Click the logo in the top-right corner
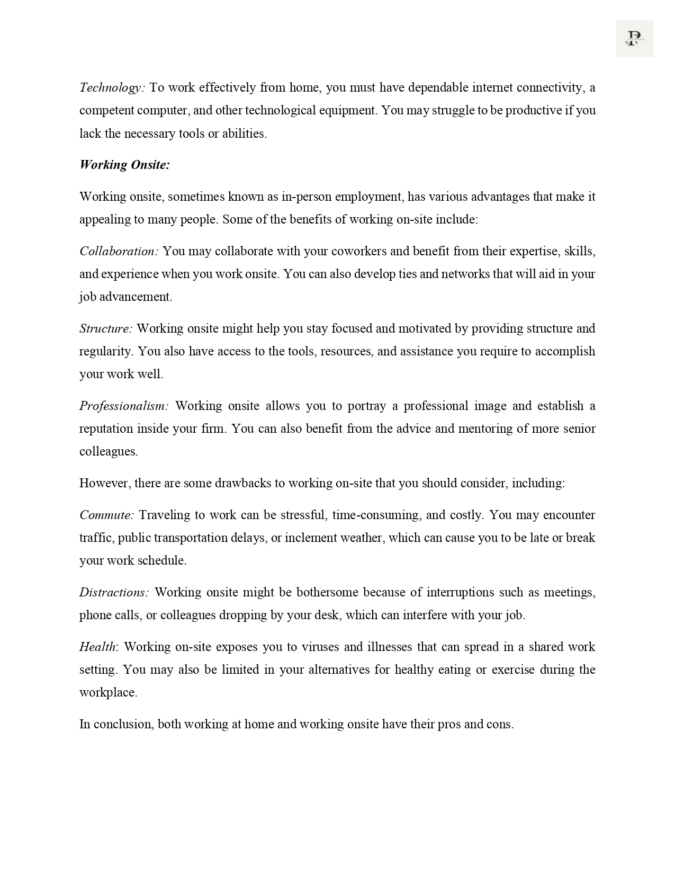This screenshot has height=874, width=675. tap(634, 38)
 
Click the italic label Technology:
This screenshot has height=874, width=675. tap(112, 87)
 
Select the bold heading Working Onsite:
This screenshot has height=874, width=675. tap(124, 165)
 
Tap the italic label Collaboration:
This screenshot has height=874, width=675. tap(119, 251)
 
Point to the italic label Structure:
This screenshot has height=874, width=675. tap(106, 328)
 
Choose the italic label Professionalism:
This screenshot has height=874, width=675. tap(124, 406)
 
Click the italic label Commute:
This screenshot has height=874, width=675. tap(107, 515)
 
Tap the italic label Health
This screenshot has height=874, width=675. tap(97, 647)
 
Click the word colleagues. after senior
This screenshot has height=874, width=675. tap(109, 451)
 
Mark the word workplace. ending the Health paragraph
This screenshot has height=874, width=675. tap(108, 692)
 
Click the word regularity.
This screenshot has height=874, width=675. tap(106, 351)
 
